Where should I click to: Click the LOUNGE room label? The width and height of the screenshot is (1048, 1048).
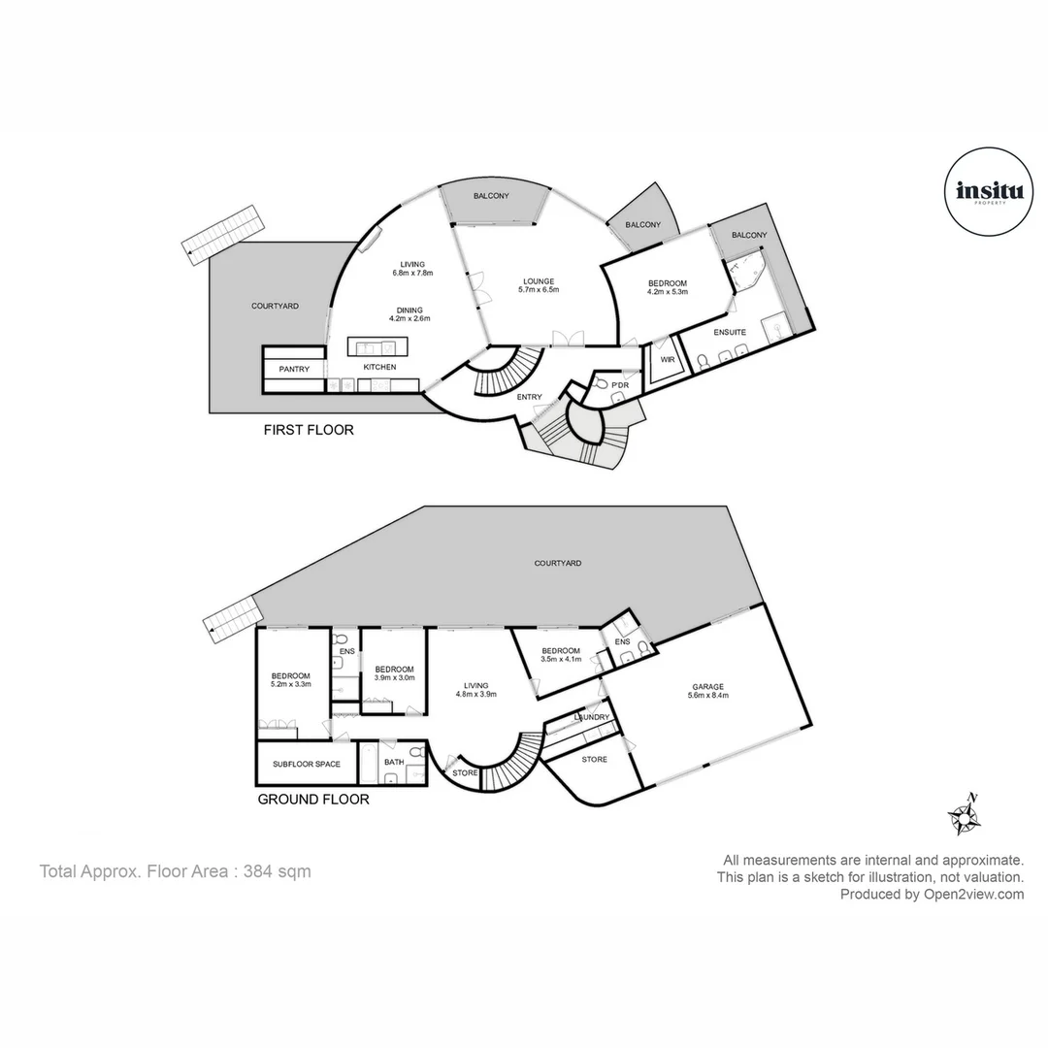coord(538,281)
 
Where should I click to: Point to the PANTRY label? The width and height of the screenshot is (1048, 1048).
coord(294,369)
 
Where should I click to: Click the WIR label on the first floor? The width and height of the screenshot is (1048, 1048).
coord(668,360)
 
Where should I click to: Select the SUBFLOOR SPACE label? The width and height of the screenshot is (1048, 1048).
coord(306,764)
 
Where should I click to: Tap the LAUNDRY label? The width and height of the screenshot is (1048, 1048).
coord(592,717)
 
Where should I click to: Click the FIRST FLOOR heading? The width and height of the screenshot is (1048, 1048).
coord(309,429)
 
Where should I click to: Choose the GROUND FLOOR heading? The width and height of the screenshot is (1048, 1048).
coord(312,800)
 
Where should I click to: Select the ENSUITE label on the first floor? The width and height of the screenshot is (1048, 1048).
coord(730,332)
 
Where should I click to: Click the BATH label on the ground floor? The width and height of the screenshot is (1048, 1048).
coord(393,763)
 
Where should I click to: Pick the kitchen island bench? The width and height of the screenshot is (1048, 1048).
coord(378,346)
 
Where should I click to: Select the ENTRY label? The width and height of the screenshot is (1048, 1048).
coord(529,396)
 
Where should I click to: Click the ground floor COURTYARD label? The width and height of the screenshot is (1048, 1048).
coord(558,563)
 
